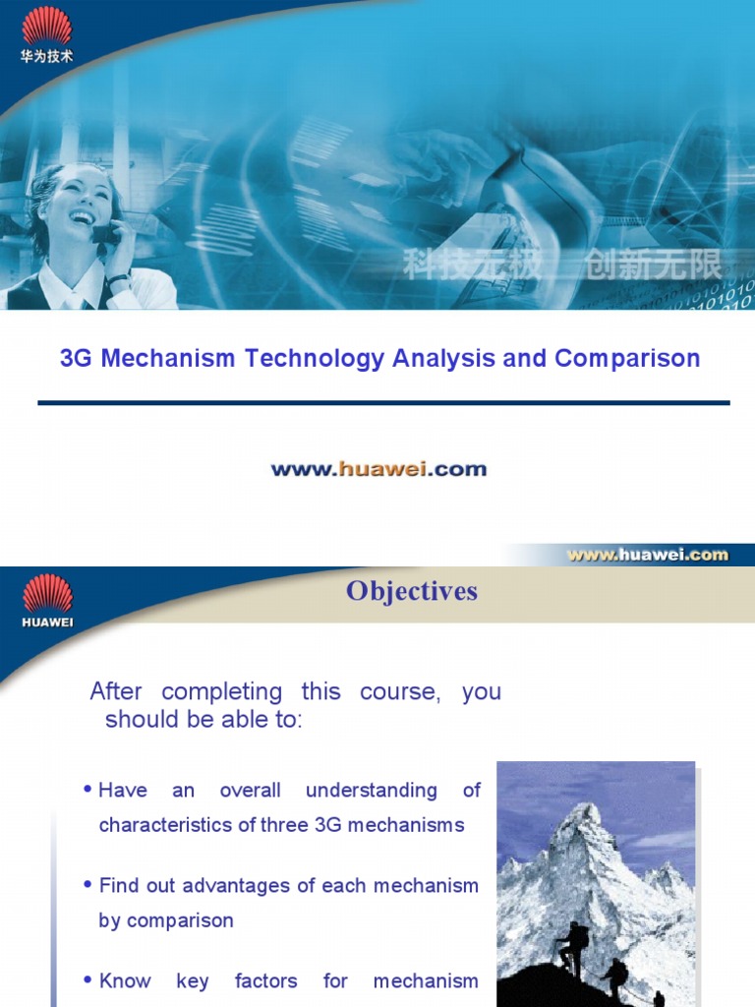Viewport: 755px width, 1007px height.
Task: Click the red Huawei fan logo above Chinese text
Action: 46,26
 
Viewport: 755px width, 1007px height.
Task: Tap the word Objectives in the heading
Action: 412,591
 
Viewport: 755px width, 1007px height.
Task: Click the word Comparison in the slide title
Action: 627,358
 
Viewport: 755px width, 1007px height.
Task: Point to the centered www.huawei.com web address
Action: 378,469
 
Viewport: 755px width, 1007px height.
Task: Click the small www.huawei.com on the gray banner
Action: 647,554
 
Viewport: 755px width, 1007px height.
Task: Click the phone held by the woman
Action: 102,233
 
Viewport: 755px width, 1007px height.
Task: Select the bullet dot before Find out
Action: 89,885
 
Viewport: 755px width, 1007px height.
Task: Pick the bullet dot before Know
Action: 89,980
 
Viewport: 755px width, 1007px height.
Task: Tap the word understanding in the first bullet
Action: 372,790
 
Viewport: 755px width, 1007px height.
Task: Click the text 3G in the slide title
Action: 77,358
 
